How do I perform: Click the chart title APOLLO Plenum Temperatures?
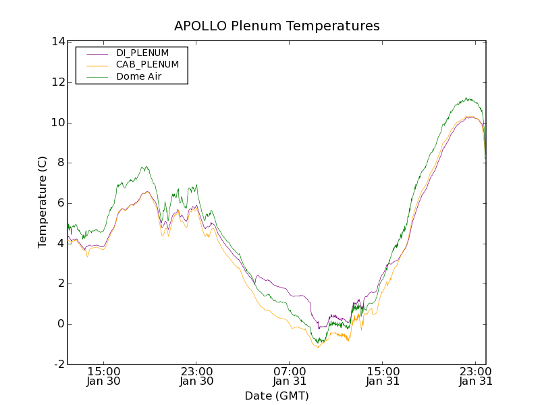pos(277,26)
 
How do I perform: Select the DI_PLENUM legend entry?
pos(142,53)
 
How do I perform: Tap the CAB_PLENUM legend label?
pos(147,65)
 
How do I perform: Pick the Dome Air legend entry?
pos(138,77)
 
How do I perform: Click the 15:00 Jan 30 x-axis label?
pos(104,376)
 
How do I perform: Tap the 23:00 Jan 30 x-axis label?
pos(197,376)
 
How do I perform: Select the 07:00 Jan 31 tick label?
pos(290,376)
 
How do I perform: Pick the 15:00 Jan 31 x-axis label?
pos(383,376)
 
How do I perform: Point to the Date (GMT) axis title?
pos(277,396)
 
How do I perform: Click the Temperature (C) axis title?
pos(43,202)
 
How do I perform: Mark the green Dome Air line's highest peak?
pos(466,98)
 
